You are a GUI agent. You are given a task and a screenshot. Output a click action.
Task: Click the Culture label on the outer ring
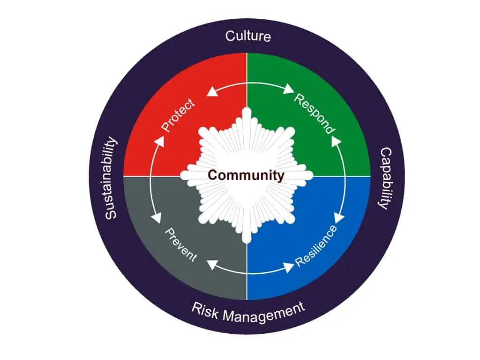[248, 36]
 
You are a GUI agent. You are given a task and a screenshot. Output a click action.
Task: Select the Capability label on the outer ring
[386, 179]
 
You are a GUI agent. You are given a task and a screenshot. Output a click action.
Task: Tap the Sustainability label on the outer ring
[111, 178]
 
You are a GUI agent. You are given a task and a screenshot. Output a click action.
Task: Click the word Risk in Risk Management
[205, 311]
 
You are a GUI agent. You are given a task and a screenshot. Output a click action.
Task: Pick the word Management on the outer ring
[264, 313]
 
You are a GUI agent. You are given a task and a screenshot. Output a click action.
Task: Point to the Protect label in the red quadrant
[178, 115]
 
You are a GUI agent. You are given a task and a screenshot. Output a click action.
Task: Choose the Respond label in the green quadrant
[315, 114]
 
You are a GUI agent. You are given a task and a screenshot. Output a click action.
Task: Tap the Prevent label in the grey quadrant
[181, 245]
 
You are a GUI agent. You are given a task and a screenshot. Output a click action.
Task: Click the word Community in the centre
[246, 175]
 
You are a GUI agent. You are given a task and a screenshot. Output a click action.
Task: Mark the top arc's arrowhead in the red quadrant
[212, 91]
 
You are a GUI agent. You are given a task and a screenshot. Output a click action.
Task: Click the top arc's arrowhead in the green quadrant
[288, 89]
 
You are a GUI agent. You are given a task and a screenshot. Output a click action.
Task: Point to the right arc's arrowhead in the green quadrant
[337, 141]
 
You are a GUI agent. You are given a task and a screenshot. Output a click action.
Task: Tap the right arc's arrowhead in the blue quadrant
[339, 218]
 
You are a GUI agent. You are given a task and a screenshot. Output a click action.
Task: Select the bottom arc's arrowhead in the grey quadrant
[212, 264]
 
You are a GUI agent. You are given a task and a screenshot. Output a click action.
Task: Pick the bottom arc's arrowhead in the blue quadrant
[288, 267]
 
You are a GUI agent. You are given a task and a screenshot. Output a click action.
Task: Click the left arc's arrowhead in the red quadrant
[158, 141]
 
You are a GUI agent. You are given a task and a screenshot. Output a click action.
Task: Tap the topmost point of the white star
[247, 107]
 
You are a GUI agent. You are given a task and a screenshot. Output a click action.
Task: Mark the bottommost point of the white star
[247, 244]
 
